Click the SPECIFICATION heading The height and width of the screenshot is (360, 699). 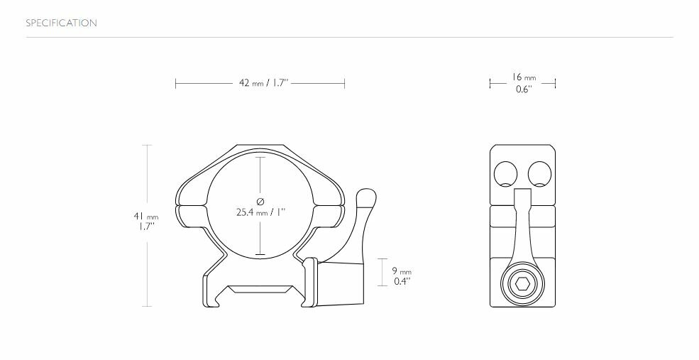[x=61, y=23]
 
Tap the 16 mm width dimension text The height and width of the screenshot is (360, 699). [x=523, y=77]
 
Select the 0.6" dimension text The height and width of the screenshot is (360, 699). [x=523, y=90]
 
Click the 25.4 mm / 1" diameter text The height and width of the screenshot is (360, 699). [x=260, y=212]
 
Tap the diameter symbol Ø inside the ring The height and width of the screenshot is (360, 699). [x=260, y=200]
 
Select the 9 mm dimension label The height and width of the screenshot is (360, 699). [x=402, y=271]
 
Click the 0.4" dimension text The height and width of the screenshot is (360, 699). [x=402, y=281]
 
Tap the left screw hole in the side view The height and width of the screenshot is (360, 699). [x=505, y=173]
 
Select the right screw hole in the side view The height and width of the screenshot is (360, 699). [x=540, y=173]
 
